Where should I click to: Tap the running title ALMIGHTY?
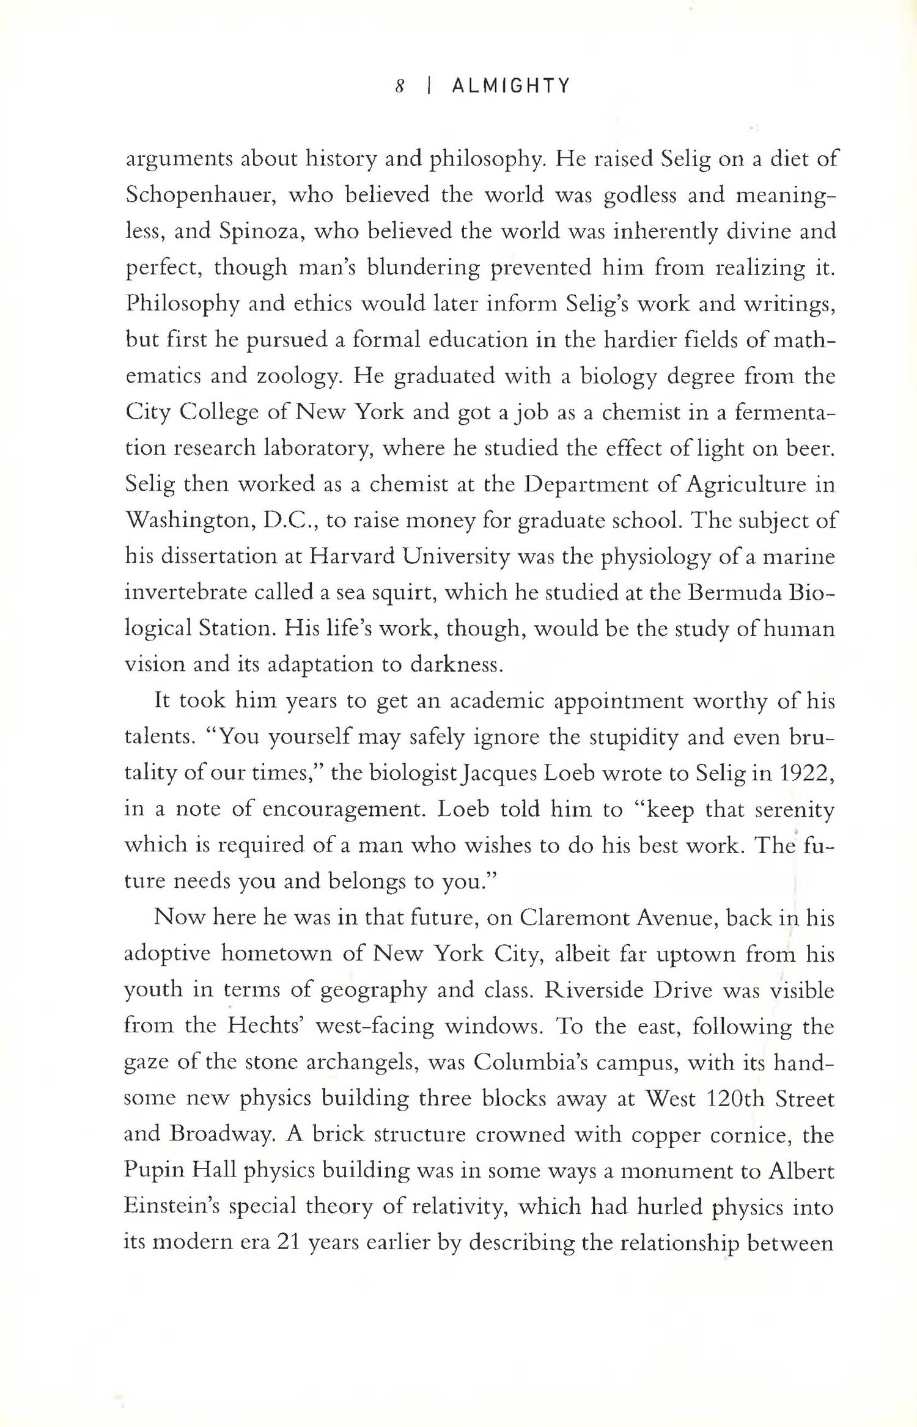tap(510, 86)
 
